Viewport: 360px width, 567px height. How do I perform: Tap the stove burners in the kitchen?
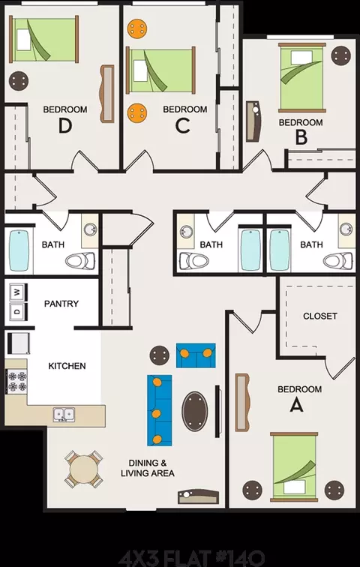pyautogui.click(x=17, y=382)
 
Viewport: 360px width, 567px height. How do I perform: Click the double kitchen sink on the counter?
pyautogui.click(x=64, y=414)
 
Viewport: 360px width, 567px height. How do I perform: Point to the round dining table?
pyautogui.click(x=83, y=469)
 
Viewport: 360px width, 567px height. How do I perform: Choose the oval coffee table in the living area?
pyautogui.click(x=195, y=411)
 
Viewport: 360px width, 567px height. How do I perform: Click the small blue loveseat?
pyautogui.click(x=196, y=355)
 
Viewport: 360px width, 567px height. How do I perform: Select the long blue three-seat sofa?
pyautogui.click(x=160, y=410)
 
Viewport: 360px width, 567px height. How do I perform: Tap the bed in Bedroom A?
pyautogui.click(x=294, y=466)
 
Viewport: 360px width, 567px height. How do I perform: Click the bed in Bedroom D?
pyautogui.click(x=44, y=39)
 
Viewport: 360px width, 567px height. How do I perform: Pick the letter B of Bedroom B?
pyautogui.click(x=301, y=137)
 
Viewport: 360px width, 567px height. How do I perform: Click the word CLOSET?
pyautogui.click(x=320, y=316)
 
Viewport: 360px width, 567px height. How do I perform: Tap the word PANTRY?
pyautogui.click(x=61, y=304)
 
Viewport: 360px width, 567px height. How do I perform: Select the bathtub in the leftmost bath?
pyautogui.click(x=19, y=250)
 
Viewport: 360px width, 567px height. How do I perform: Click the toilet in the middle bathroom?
pyautogui.click(x=194, y=260)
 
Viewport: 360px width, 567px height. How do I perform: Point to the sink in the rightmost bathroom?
pyautogui.click(x=346, y=229)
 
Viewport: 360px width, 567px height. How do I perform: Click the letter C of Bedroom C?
pyautogui.click(x=182, y=126)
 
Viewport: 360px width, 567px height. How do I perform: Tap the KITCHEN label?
pyautogui.click(x=67, y=366)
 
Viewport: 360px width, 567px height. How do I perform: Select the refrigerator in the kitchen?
pyautogui.click(x=19, y=343)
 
